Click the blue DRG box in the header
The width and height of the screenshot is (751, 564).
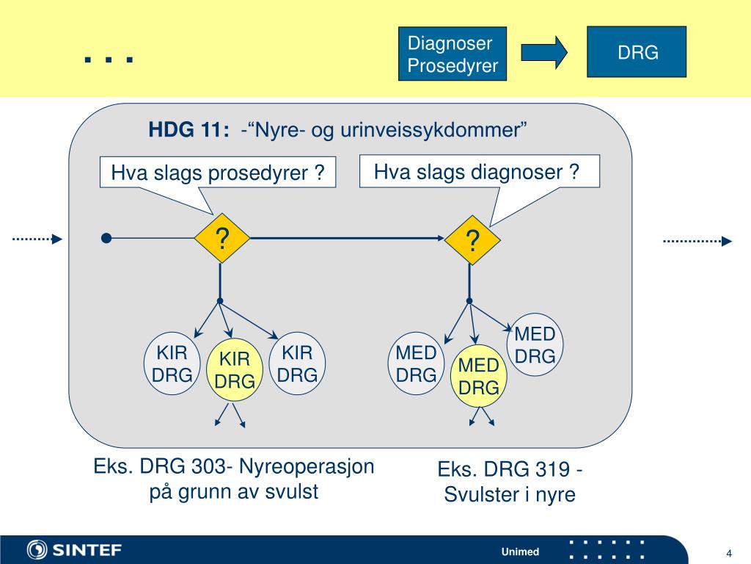pyautogui.click(x=636, y=52)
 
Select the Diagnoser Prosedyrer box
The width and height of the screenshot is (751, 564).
pyautogui.click(x=453, y=55)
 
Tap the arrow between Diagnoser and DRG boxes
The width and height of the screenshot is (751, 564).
pyautogui.click(x=544, y=52)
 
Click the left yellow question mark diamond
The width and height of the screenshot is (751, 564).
pyautogui.click(x=221, y=238)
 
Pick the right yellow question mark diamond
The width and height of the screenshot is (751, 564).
pyautogui.click(x=473, y=240)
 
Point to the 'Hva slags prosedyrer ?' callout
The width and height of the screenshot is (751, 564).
pyautogui.click(x=218, y=173)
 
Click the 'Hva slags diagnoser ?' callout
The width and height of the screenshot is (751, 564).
pyautogui.click(x=477, y=172)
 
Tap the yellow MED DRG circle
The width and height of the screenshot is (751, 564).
pyautogui.click(x=478, y=376)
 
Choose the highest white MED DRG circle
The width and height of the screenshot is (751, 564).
pyautogui.click(x=535, y=345)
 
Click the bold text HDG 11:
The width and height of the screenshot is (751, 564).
pyautogui.click(x=188, y=131)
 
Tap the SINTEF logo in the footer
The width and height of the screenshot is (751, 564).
pyautogui.click(x=74, y=550)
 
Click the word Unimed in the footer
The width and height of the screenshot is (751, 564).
pyautogui.click(x=520, y=552)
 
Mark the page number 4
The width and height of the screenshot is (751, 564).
pyautogui.click(x=730, y=553)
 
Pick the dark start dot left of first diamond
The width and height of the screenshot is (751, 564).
pyautogui.click(x=106, y=238)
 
